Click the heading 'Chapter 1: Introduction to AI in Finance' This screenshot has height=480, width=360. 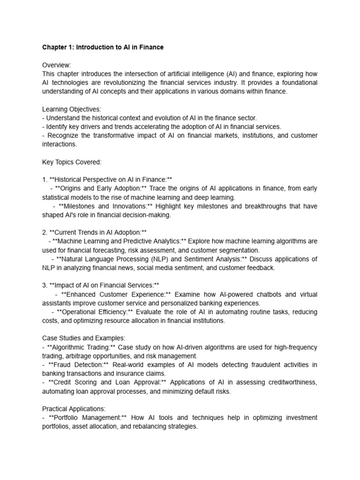103,48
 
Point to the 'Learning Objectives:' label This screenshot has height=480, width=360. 72,109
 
